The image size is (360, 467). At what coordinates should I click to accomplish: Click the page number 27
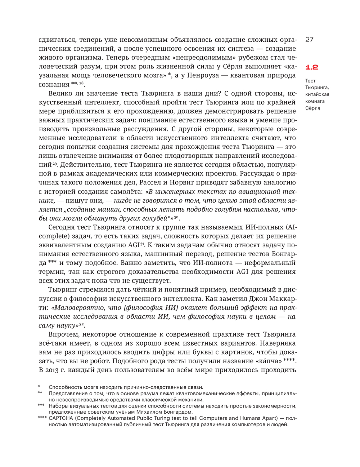click(309, 40)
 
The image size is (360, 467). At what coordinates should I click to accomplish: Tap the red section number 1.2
click(312, 67)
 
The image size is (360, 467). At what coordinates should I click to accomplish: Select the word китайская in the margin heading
click(317, 94)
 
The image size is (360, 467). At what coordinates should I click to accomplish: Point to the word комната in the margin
click(315, 101)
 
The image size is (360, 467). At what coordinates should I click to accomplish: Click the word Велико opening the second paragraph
click(59, 94)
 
